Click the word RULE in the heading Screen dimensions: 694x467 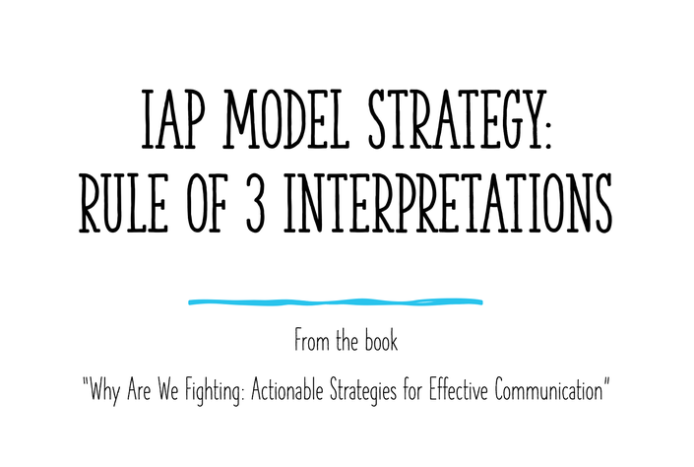124,203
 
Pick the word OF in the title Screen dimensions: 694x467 207,203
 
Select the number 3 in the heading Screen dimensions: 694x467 255,203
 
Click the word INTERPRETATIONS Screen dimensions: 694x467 448,203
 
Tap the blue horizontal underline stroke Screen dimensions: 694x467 336,302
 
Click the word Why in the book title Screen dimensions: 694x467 104,391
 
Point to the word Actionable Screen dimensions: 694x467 286,389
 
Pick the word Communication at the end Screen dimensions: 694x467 549,389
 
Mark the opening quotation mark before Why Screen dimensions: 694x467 86,381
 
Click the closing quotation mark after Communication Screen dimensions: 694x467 606,381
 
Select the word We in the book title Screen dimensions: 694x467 167,389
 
